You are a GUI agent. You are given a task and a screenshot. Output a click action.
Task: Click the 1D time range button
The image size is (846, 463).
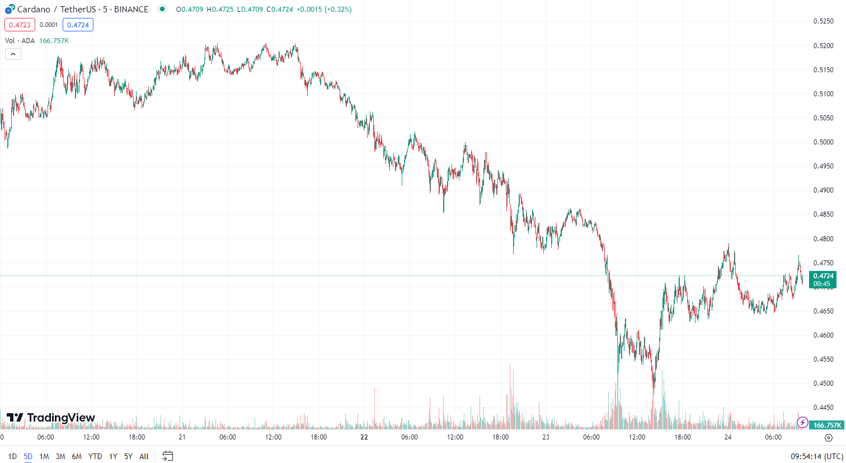pyautogui.click(x=12, y=456)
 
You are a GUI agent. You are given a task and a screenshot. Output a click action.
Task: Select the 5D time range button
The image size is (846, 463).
pyautogui.click(x=28, y=456)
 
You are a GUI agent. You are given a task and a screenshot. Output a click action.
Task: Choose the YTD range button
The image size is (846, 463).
pyautogui.click(x=95, y=456)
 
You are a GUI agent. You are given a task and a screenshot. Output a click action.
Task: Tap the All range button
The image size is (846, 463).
pyautogui.click(x=144, y=456)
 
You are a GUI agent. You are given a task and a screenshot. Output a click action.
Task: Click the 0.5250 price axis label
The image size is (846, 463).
pyautogui.click(x=823, y=21)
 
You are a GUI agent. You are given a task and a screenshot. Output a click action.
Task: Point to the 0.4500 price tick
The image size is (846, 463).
pyautogui.click(x=823, y=384)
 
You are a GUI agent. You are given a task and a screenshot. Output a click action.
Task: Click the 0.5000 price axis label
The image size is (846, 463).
pyautogui.click(x=823, y=142)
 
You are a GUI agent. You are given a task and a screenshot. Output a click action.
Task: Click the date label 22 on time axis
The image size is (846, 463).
pyautogui.click(x=364, y=437)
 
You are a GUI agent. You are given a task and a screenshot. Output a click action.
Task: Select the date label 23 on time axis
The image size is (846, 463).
pyautogui.click(x=546, y=437)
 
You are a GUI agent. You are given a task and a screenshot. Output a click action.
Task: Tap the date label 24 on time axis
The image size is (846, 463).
pyautogui.click(x=728, y=437)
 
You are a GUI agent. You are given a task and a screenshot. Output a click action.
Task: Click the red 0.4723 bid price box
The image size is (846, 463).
pyautogui.click(x=20, y=25)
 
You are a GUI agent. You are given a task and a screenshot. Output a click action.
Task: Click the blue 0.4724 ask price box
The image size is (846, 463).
pyautogui.click(x=78, y=25)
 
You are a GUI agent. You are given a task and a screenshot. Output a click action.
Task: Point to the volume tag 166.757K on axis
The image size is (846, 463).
pyautogui.click(x=826, y=425)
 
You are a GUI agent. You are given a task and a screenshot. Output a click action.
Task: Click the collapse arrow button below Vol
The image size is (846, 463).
pyautogui.click(x=13, y=54)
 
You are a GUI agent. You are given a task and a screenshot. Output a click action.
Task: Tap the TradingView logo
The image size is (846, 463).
pyautogui.click(x=51, y=418)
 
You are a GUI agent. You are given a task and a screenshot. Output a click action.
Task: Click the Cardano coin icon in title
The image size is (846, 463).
pyautogui.click(x=10, y=9)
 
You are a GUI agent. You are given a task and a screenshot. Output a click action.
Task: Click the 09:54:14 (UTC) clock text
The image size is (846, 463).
pyautogui.click(x=816, y=456)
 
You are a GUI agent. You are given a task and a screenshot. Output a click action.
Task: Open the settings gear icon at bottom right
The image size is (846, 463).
pyautogui.click(x=829, y=438)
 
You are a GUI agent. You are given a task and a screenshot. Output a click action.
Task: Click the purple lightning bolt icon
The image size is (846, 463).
pyautogui.click(x=802, y=422)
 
